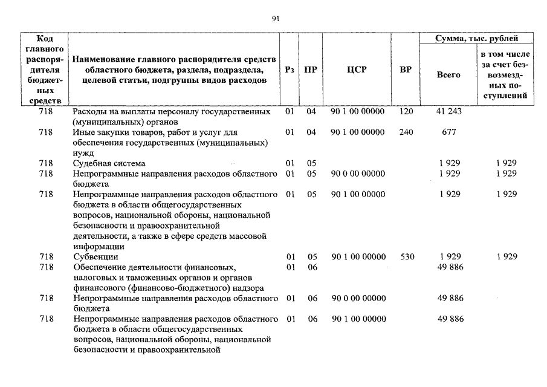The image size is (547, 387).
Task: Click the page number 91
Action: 276,19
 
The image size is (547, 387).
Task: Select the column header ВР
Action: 406,70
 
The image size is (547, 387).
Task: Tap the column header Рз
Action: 290,70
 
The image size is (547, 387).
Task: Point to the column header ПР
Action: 311,70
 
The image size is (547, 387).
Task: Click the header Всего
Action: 448,75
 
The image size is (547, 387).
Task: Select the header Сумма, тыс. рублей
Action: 477,39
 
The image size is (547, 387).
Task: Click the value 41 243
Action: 448,112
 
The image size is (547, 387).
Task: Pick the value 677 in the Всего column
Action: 448,132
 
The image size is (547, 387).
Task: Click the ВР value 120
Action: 406,112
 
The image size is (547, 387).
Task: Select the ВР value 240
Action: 406,132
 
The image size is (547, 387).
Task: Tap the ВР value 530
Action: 406,256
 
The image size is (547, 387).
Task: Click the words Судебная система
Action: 109,163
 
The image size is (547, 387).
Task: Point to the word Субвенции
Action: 95,256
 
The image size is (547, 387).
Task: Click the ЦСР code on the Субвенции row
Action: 358,256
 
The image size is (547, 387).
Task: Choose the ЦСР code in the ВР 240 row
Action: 358,132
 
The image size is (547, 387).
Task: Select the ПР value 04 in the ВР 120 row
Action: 311,112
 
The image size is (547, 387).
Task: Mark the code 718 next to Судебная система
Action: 45,163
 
